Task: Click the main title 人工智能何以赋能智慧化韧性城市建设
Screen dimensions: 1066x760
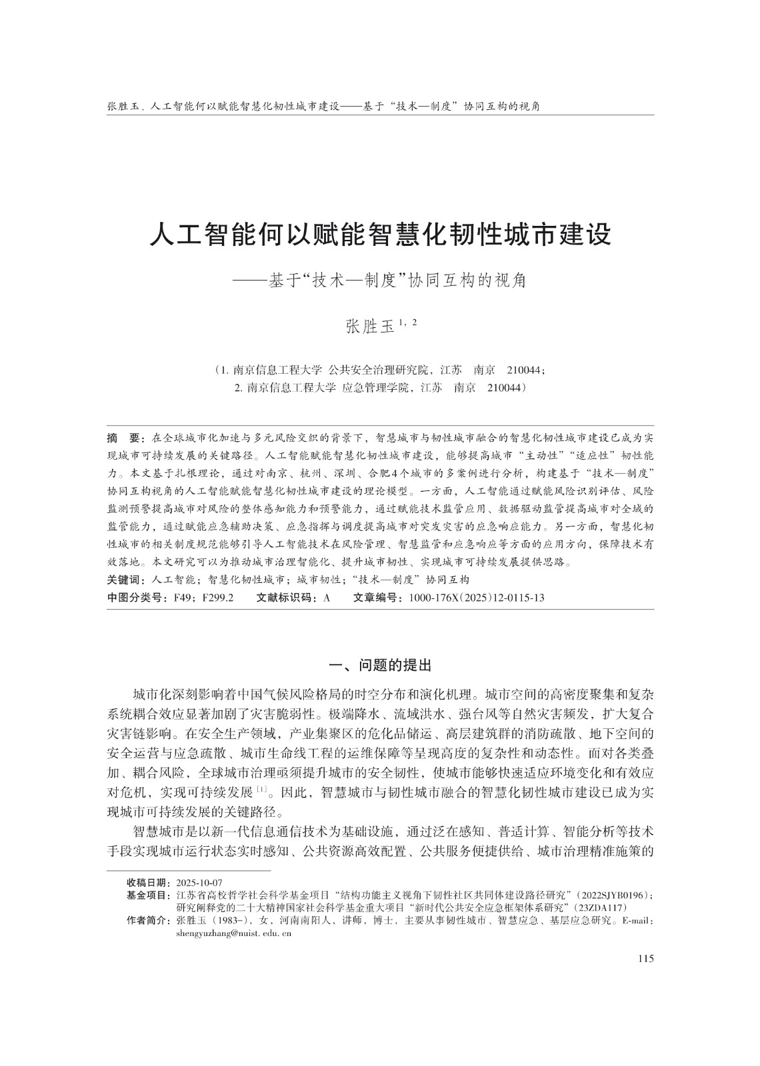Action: [x=380, y=235]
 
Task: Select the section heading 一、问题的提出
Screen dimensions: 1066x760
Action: [x=381, y=665]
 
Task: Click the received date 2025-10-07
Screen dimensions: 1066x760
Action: [x=199, y=883]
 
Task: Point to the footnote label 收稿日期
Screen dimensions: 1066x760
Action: [x=148, y=883]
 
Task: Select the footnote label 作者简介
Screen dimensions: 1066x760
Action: [x=148, y=920]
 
